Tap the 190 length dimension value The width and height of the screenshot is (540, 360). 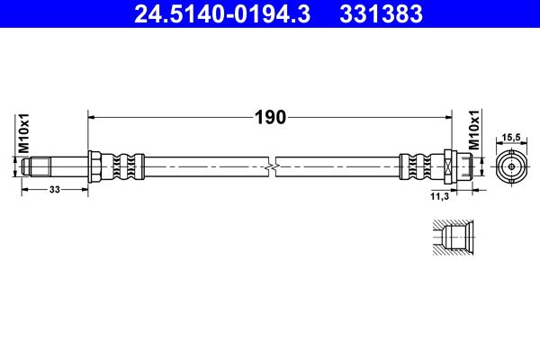[269, 116]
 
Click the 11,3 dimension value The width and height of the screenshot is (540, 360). [441, 194]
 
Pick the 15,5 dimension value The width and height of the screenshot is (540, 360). [511, 137]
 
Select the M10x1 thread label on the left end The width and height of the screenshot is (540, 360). [25, 133]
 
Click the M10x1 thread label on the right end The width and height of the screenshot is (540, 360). [474, 130]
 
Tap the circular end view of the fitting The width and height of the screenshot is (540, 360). [511, 166]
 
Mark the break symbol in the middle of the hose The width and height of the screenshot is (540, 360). [272, 166]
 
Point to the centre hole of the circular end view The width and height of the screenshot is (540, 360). [511, 166]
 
